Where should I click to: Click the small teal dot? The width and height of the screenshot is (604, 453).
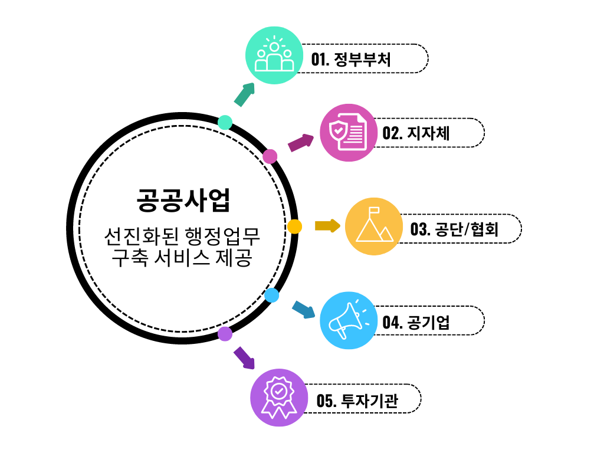[225, 123]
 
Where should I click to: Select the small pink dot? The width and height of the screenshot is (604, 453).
[270, 156]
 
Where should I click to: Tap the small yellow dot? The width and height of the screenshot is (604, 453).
[295, 226]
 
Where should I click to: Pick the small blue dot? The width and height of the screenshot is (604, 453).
[272, 296]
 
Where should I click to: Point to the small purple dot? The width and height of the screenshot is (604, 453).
[225, 334]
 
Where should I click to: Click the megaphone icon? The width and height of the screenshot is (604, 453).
[346, 320]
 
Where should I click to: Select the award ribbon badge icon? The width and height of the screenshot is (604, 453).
[279, 398]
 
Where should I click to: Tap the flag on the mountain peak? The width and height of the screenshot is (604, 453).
[374, 210]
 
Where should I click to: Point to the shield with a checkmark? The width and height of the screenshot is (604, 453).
[338, 130]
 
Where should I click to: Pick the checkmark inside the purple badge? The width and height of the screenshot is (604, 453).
[279, 391]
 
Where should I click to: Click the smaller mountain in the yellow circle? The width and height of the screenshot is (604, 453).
[386, 235]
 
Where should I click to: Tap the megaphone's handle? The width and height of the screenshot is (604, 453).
[342, 333]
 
